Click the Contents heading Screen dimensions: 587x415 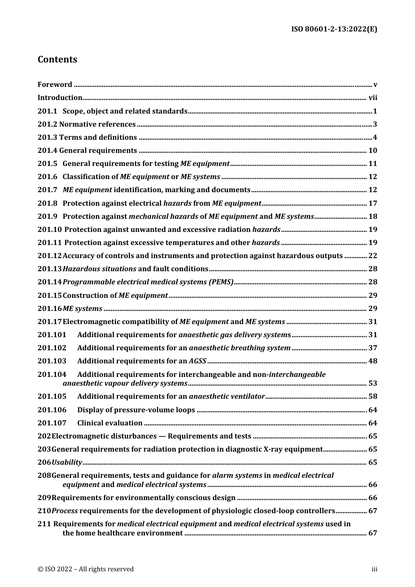(57, 59)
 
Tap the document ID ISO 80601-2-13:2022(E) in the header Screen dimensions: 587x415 (334, 29)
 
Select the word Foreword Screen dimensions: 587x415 (55, 84)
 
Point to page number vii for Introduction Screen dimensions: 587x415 (373, 97)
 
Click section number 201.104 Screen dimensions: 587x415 (52, 374)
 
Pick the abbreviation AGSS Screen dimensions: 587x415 (197, 361)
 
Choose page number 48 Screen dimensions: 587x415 (373, 361)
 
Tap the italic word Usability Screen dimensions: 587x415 (67, 462)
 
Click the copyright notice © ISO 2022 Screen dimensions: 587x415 (86, 569)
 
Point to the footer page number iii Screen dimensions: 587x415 (374, 569)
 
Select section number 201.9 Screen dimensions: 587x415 (47, 216)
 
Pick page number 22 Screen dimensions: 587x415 (373, 256)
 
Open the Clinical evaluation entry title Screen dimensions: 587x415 (110, 423)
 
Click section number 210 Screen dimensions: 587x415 (44, 511)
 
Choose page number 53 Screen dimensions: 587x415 (373, 383)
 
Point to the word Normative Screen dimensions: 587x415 (76, 124)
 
